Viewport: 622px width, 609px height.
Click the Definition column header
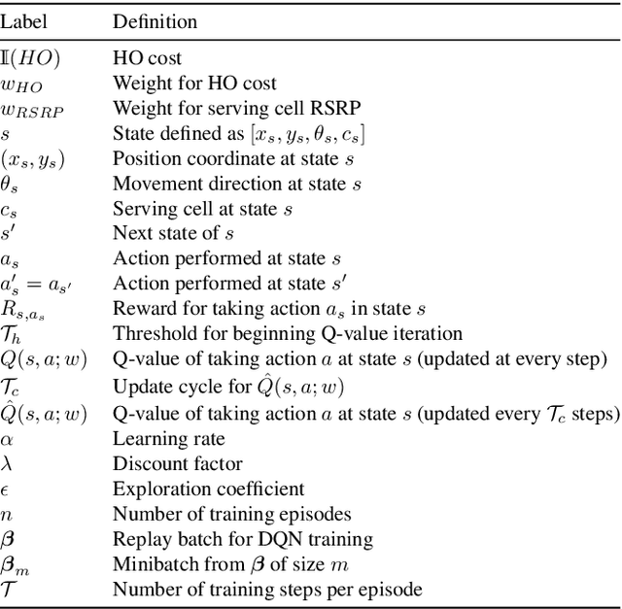tap(155, 20)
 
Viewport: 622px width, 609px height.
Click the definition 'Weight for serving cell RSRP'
tap(221, 109)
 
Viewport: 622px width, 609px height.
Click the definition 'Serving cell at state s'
tap(202, 209)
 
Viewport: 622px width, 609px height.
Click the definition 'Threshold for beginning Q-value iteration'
tap(288, 334)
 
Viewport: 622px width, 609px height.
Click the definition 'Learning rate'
tap(169, 438)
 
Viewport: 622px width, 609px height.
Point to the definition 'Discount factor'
tap(178, 463)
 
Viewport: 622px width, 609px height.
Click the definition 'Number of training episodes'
tap(231, 514)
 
